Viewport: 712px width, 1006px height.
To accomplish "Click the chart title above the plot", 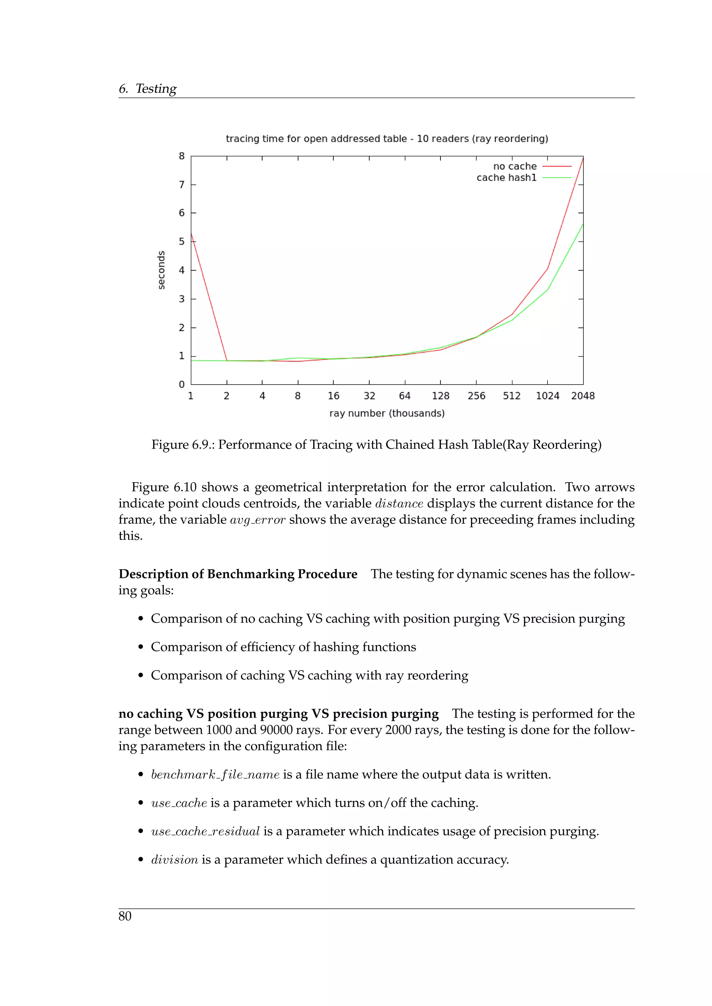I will coord(387,139).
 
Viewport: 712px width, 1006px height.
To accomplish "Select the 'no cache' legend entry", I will coord(515,166).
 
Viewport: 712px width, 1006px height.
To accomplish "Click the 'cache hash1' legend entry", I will coord(507,178).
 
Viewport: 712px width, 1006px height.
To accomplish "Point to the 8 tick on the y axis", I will coord(181,156).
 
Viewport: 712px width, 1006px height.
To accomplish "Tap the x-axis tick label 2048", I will coord(583,396).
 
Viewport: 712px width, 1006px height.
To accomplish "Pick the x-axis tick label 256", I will coord(476,396).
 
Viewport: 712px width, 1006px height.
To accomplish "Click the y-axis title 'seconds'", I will coord(161,270).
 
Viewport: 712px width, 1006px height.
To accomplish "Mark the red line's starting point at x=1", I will coord(191,233).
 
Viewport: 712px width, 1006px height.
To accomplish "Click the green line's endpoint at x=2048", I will coord(583,225).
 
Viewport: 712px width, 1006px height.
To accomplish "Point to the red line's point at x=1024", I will coord(548,269).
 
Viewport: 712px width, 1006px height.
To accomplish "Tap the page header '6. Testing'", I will coord(147,89).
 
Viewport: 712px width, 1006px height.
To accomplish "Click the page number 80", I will coord(125,916).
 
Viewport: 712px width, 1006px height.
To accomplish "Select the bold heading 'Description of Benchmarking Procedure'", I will coord(238,574).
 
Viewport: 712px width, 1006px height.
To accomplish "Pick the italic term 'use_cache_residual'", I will coord(205,832).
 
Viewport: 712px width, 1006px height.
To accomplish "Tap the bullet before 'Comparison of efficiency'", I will coord(141,648).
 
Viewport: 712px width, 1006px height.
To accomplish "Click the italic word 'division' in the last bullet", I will coord(175,860).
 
